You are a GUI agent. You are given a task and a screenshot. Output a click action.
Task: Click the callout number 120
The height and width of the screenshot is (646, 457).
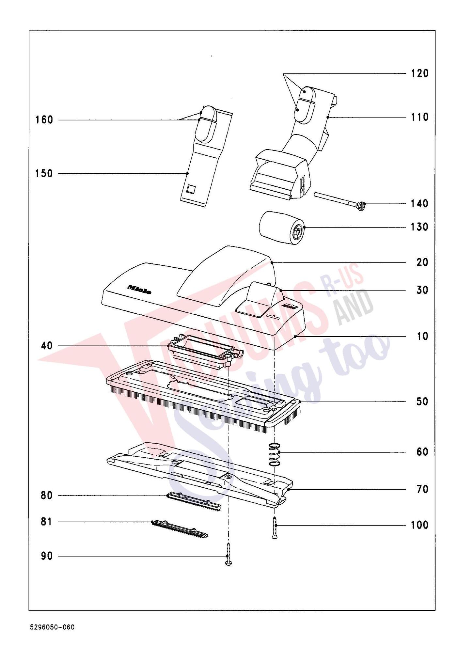point(419,73)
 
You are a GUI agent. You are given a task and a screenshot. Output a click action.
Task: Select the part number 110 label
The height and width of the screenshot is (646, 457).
point(419,117)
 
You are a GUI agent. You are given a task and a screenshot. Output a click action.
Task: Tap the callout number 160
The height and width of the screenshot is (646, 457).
point(44,120)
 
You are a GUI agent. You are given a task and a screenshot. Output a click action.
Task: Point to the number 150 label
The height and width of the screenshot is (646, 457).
point(44,173)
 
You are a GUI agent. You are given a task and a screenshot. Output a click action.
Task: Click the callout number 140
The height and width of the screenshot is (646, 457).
point(419,204)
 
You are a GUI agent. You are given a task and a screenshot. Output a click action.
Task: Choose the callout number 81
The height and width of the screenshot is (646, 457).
point(46,522)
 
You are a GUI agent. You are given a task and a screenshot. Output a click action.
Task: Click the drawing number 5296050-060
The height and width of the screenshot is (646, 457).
point(52,627)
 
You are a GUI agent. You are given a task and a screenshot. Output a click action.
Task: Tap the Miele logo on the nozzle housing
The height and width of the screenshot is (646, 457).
point(139,290)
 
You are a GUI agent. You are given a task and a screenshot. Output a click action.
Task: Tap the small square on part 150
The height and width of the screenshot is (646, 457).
point(190,189)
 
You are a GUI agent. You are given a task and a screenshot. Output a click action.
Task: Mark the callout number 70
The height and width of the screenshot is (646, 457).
point(422,489)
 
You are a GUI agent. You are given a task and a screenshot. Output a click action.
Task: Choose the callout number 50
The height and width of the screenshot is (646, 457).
point(422,402)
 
